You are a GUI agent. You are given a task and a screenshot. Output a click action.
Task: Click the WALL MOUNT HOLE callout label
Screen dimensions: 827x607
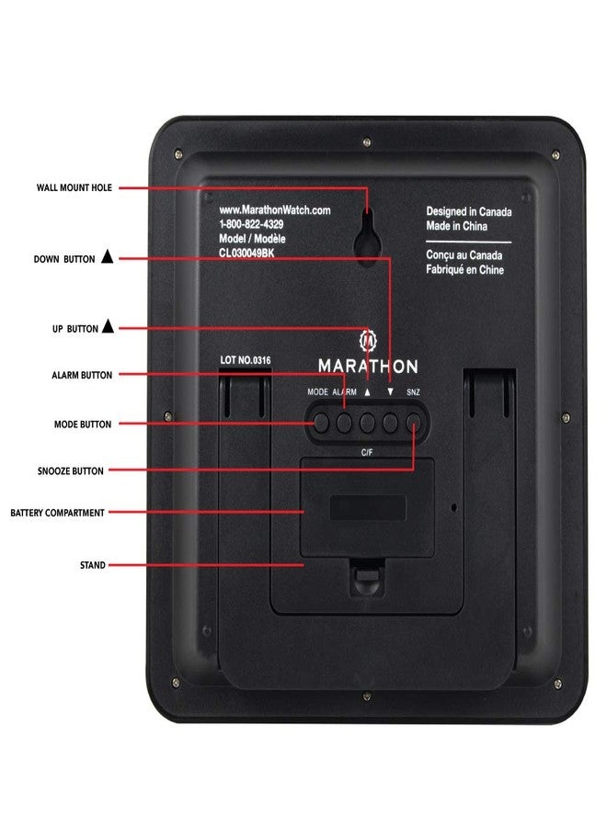click(74, 187)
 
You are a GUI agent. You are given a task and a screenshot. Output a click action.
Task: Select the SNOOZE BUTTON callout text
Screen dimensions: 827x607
click(69, 470)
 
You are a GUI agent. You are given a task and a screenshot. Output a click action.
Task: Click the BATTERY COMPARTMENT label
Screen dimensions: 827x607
click(57, 512)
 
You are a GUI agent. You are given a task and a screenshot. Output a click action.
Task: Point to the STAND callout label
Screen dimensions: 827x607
click(93, 565)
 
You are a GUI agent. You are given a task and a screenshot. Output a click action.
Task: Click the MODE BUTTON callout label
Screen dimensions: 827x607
click(82, 425)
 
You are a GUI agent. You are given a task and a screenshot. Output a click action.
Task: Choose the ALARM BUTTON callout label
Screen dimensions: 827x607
click(82, 375)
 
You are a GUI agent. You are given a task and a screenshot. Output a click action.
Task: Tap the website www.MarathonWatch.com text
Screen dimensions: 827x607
click(274, 210)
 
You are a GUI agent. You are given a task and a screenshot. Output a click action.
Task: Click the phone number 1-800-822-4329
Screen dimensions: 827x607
click(251, 224)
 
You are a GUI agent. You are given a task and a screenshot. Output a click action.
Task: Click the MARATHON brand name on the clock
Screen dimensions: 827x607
click(368, 366)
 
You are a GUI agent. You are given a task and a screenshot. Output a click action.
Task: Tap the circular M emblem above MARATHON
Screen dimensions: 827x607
click(368, 339)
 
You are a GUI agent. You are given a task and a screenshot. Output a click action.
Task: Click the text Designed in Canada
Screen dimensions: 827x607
click(469, 212)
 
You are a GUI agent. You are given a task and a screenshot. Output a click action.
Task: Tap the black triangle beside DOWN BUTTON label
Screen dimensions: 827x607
click(107, 258)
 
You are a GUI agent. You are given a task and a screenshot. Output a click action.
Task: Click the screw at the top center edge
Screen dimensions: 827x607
click(367, 142)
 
